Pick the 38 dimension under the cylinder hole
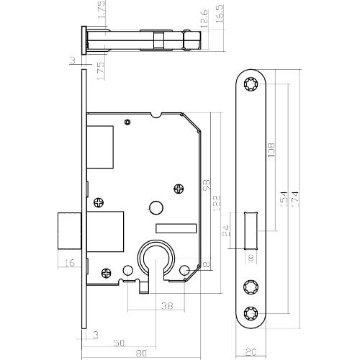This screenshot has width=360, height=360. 166,305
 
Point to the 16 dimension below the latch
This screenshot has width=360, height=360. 69,264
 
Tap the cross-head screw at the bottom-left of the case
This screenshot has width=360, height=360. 106,272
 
